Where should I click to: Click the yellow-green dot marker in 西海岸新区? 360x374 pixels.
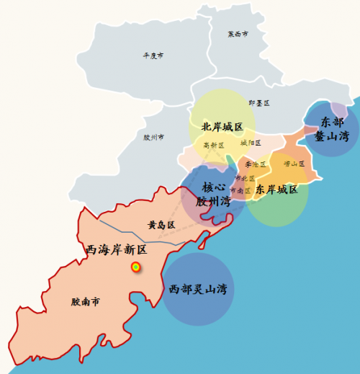135,267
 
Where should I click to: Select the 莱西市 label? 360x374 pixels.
238,34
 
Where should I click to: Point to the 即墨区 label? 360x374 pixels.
258,103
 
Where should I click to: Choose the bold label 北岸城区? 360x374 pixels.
222,127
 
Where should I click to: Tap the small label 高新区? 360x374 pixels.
214,145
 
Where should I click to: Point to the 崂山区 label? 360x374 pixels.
294,164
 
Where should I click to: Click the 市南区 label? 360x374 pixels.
241,190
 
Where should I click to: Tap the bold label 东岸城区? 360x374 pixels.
276,190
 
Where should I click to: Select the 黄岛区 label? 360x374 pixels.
161,225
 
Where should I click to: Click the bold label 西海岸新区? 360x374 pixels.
116,250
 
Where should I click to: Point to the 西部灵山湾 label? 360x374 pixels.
197,290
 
